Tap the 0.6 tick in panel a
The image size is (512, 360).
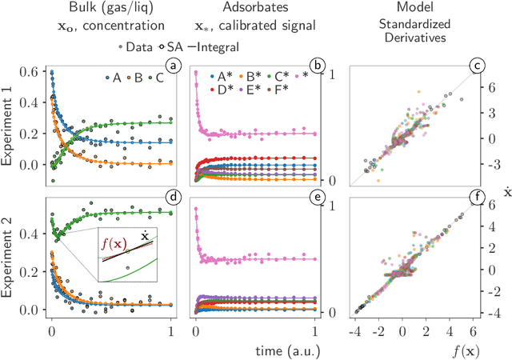click(x=29, y=73)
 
